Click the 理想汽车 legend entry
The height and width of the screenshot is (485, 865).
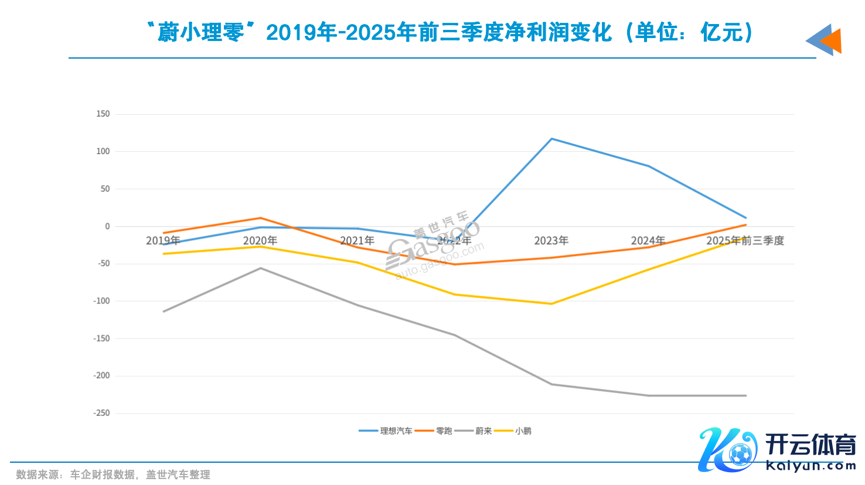coord(396,431)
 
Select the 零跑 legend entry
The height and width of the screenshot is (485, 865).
coord(444,431)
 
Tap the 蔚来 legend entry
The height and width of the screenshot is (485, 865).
coord(483,431)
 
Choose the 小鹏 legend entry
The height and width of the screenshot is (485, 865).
coord(523,431)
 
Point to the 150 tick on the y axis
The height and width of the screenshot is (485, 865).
coord(103,114)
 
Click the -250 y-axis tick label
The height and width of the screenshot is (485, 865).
coord(101,413)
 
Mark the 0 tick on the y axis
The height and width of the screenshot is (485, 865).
coord(107,226)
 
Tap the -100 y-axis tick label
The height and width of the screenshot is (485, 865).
coord(101,300)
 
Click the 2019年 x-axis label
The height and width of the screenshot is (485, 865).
coord(163,241)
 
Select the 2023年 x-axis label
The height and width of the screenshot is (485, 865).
coord(551,241)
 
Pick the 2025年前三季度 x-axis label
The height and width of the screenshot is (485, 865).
coord(745,241)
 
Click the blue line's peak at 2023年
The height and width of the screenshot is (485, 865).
coord(551,139)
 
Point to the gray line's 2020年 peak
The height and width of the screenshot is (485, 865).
coord(261,268)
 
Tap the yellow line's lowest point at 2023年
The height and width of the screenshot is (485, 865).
coord(551,303)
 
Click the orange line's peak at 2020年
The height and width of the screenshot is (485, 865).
coord(261,218)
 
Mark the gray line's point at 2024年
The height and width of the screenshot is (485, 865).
coord(648,395)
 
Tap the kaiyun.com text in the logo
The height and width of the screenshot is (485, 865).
coord(810,466)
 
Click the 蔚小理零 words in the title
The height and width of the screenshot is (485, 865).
coord(201,33)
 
